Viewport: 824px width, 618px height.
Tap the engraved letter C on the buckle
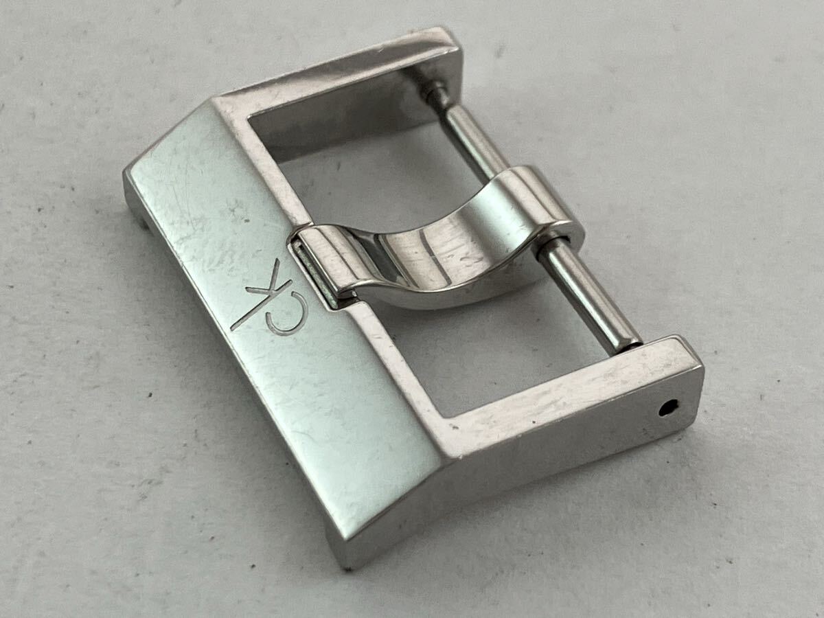click(x=287, y=319)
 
